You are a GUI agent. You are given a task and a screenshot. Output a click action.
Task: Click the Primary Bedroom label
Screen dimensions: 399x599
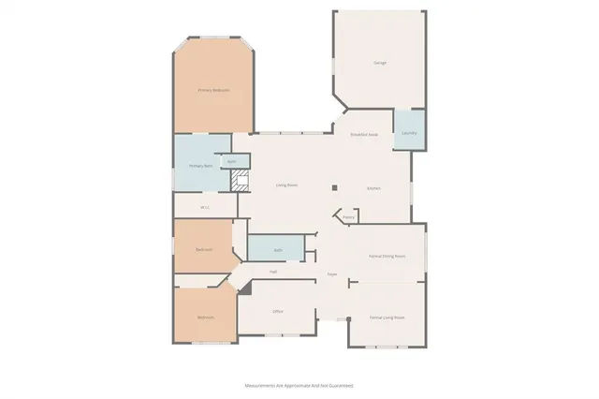(213, 90)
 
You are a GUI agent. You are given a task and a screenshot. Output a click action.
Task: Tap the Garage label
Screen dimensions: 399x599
(380, 63)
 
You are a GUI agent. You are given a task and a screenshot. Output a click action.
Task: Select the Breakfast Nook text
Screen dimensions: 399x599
(364, 135)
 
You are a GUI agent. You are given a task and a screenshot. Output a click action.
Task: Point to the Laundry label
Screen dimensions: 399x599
(408, 132)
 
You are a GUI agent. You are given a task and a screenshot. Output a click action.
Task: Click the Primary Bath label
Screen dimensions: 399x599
(201, 166)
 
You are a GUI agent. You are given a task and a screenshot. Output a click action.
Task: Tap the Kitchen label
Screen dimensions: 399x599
(373, 189)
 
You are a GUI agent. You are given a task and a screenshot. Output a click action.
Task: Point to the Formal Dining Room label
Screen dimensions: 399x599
(386, 256)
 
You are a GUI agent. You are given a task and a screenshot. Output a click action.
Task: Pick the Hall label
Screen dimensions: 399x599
(273, 272)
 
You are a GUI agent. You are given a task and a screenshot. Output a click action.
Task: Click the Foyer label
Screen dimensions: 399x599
(331, 274)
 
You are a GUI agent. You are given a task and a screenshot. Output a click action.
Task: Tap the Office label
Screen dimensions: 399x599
(278, 311)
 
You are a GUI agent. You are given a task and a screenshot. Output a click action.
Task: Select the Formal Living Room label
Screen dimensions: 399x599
(386, 318)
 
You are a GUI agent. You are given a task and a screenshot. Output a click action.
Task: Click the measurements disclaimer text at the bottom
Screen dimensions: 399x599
(299, 385)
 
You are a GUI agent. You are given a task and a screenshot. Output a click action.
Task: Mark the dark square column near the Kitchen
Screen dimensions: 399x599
(334, 187)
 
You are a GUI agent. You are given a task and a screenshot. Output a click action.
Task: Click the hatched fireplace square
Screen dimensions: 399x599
(241, 184)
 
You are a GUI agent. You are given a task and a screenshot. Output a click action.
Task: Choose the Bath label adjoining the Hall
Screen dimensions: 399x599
(278, 250)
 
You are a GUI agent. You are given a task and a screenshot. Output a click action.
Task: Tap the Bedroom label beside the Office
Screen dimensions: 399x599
(205, 318)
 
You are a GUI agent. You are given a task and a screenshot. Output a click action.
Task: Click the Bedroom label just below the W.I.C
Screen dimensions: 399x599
(203, 249)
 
